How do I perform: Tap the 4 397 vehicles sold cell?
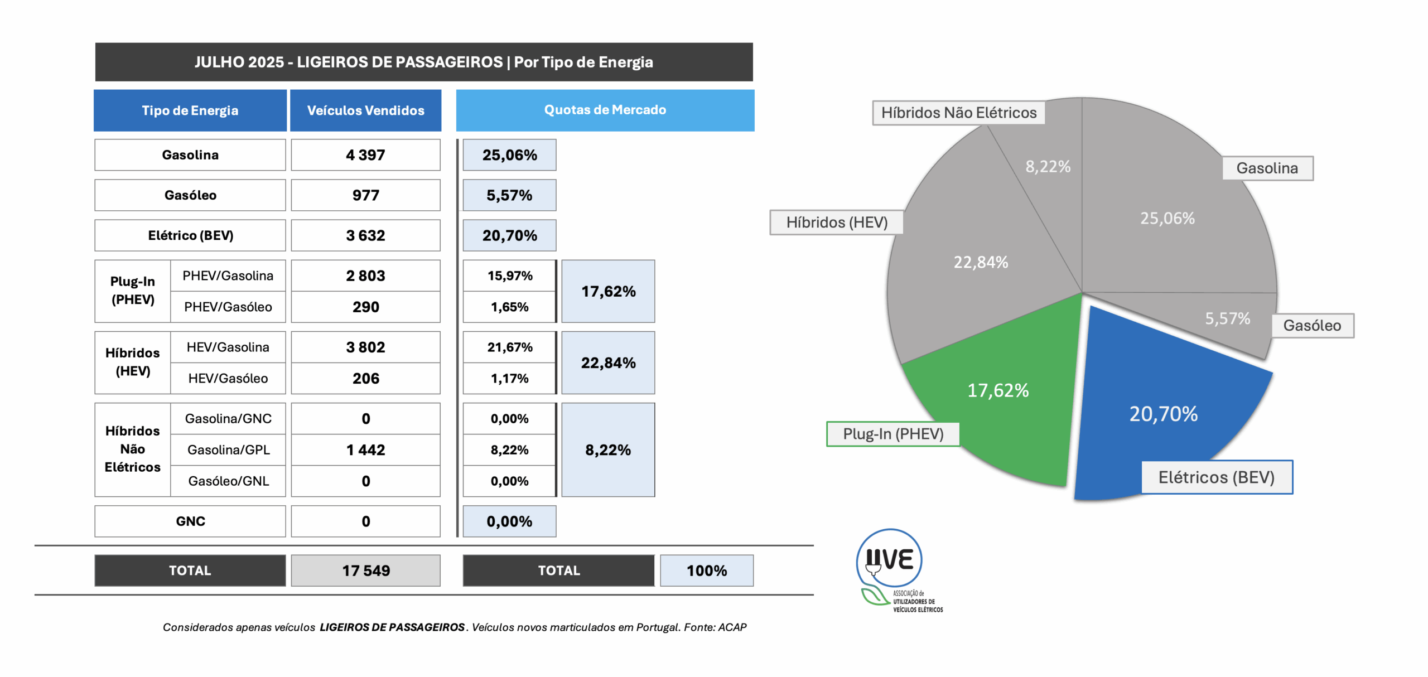365,155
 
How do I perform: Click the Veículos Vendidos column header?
365,110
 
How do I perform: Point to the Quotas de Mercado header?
605,110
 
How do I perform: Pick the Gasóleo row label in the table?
190,195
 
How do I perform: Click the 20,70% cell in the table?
509,235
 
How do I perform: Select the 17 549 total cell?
365,570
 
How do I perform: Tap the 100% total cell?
707,570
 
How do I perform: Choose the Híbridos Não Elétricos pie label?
958,113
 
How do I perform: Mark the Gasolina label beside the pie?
1267,168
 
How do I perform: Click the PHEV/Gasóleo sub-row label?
228,307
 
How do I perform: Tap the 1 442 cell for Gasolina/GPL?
365,450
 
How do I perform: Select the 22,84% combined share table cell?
608,363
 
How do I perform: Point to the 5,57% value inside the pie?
1227,318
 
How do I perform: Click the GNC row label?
190,521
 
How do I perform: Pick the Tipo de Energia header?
190,110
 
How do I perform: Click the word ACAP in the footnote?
732,627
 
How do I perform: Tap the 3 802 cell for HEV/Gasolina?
365,347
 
